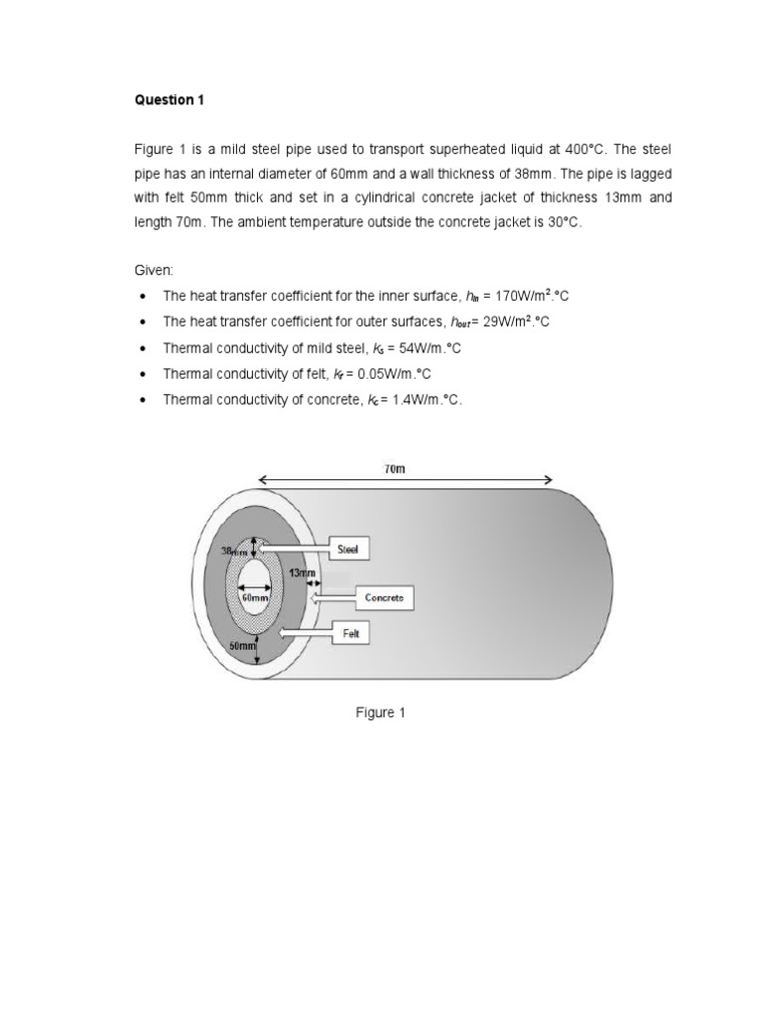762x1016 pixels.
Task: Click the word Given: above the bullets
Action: point(154,269)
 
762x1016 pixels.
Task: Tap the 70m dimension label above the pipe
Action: point(394,467)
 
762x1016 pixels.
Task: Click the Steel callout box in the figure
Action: point(348,548)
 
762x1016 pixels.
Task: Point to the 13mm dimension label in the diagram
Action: point(302,573)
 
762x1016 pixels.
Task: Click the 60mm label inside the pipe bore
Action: point(255,598)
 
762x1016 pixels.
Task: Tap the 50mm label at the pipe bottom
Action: point(243,645)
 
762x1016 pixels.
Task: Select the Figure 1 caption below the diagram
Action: point(381,712)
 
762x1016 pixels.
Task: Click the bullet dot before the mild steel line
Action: point(145,347)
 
